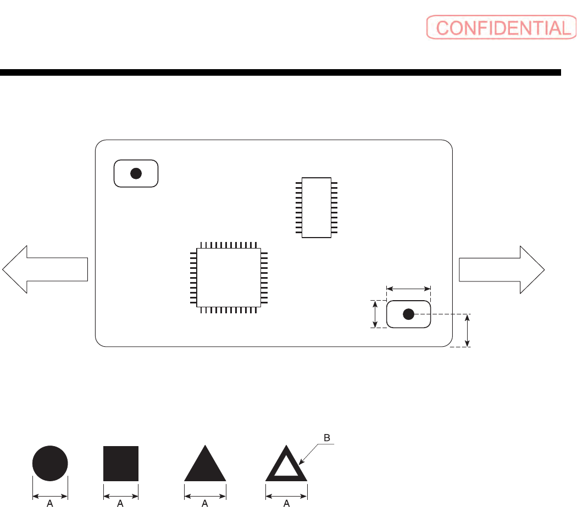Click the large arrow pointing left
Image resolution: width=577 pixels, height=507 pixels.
[x=44, y=269]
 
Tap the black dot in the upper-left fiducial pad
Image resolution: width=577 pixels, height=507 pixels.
[x=136, y=173]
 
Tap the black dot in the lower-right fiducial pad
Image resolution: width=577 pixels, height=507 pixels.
[x=408, y=314]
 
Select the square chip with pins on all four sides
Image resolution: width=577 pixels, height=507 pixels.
[x=229, y=277]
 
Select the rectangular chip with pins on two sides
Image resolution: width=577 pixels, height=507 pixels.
[x=317, y=207]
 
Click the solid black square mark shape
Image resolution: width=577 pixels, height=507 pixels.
[x=121, y=463]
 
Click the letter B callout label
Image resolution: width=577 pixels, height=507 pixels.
[x=326, y=438]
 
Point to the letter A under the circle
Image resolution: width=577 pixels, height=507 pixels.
[x=50, y=502]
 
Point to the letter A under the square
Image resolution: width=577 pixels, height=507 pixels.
[x=121, y=502]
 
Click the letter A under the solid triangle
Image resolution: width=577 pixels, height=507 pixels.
[x=205, y=502]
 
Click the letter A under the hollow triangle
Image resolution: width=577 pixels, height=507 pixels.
[x=286, y=502]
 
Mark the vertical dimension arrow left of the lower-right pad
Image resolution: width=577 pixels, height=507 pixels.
[x=375, y=314]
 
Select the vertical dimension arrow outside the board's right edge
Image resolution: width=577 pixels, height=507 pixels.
[x=468, y=330]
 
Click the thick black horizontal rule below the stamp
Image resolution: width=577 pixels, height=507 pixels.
[x=280, y=72]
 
